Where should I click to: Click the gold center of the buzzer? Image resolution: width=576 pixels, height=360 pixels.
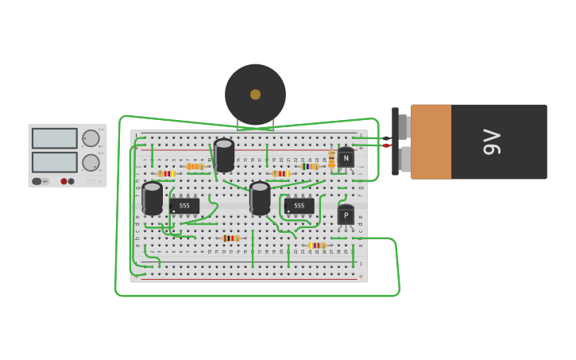point(255,95)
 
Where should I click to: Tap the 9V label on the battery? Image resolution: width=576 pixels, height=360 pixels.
point(492,141)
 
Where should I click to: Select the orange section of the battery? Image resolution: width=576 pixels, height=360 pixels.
point(431,141)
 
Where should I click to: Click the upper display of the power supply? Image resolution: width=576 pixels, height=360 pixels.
point(55,138)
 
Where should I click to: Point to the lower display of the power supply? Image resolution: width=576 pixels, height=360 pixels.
point(55,162)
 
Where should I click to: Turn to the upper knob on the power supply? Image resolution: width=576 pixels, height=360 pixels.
point(91,138)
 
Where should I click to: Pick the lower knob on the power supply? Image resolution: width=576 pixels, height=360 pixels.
point(91,163)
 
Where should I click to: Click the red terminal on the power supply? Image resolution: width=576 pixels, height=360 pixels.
point(64,181)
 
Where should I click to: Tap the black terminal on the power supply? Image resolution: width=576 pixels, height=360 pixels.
point(72,181)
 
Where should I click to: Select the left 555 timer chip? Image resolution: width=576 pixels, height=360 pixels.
point(184,206)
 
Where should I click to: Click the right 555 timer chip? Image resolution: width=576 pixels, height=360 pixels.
point(299,206)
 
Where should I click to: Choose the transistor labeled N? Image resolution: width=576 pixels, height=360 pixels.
point(346,158)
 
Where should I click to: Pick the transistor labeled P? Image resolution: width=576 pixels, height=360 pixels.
point(346,215)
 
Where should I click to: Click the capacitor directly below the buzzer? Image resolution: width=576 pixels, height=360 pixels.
point(224,155)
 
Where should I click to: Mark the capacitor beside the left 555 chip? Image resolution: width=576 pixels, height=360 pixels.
point(153,198)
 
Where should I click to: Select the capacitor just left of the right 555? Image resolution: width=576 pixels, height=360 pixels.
point(260,198)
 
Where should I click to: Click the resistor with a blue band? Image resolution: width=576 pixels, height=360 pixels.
point(309,166)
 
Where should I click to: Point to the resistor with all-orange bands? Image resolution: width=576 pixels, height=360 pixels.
point(195,166)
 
